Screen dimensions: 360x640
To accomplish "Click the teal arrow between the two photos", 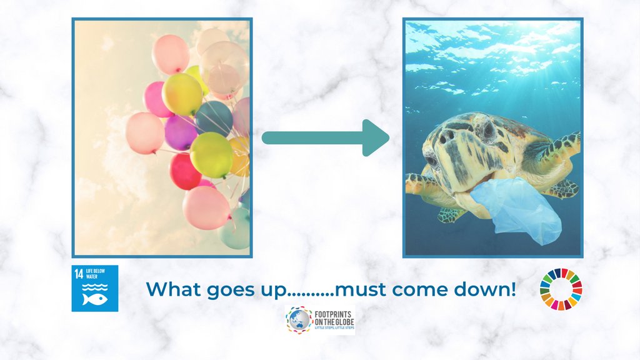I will click(325, 137).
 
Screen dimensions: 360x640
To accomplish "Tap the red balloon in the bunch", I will click(185, 171).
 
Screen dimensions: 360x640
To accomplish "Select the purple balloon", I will click(180, 133).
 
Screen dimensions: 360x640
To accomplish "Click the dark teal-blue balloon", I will click(214, 117).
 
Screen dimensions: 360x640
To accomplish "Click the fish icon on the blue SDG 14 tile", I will click(95, 299).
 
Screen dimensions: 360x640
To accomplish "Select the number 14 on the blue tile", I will click(79, 273).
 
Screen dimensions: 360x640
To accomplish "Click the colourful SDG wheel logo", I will click(561, 289).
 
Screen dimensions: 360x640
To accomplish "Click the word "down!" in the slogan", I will click(486, 289).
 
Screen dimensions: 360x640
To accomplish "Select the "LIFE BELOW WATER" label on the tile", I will click(96, 273).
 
